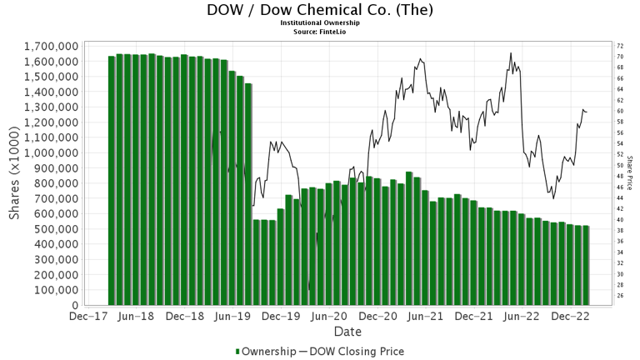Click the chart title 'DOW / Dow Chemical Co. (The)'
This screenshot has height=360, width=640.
point(320,11)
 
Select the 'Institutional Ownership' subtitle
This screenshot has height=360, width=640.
point(320,22)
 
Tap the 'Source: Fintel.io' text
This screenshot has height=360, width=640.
point(320,31)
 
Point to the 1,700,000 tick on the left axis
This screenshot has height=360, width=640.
point(51,46)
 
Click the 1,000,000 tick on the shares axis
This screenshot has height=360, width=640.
point(51,152)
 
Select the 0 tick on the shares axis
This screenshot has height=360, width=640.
point(76,305)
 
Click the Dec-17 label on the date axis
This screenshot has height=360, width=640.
point(87,317)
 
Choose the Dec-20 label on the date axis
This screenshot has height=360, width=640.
point(378,317)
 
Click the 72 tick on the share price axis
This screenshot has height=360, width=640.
point(618,46)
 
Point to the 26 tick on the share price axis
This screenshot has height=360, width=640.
point(618,295)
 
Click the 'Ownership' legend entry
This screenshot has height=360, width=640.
point(265,351)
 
